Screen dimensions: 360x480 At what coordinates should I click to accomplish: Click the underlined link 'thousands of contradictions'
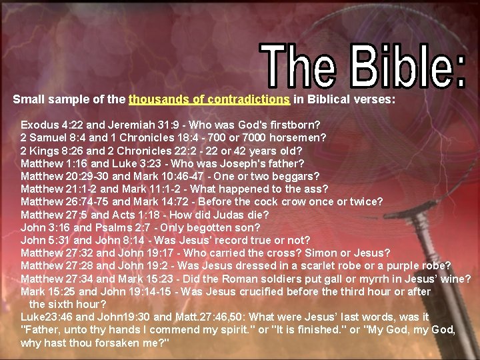coord(209,100)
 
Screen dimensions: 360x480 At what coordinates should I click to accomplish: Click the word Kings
coord(43,150)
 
